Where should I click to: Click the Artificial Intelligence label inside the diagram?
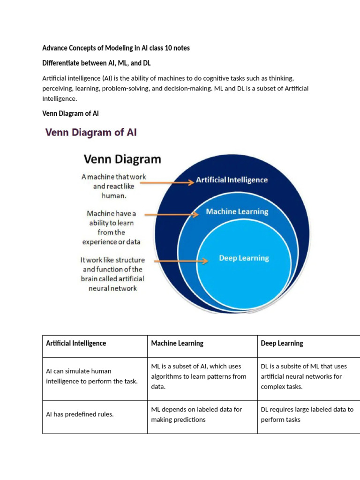[232, 180]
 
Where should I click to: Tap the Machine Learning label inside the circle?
[237, 212]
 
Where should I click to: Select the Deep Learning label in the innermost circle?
[244, 258]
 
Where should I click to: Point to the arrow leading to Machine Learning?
[172, 215]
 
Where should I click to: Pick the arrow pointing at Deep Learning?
[177, 261]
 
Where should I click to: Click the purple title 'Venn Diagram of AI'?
[91, 132]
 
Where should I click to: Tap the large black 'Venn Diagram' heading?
[122, 159]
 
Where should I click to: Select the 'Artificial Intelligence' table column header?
[76, 343]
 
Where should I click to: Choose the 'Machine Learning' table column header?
[177, 343]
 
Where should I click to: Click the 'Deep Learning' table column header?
[282, 343]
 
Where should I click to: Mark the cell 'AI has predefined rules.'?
[80, 414]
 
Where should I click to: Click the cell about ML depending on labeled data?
[196, 414]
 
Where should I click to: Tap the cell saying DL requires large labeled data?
[307, 414]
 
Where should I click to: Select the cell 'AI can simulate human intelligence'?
[92, 376]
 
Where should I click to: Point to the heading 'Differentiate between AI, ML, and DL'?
[96, 63]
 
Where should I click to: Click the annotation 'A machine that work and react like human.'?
[113, 187]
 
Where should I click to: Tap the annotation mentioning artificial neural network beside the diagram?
[113, 274]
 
